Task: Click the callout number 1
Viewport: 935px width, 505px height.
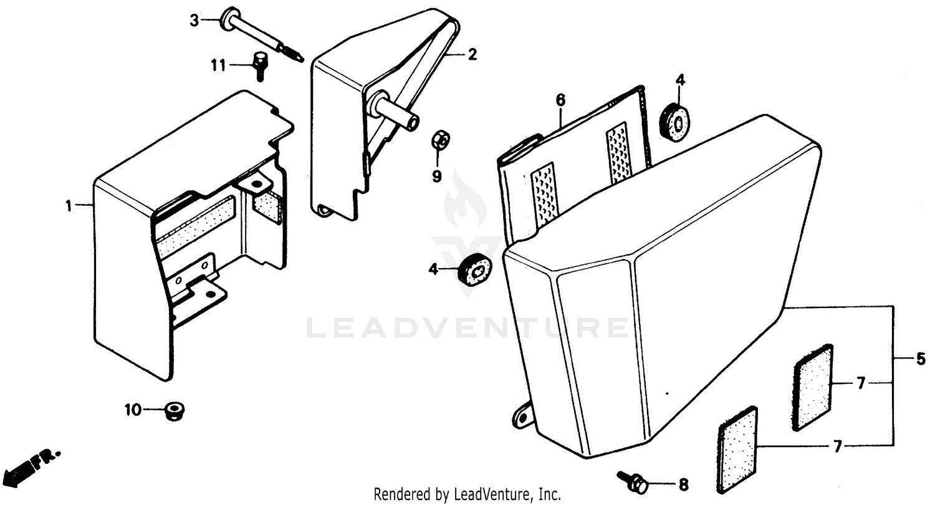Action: point(70,206)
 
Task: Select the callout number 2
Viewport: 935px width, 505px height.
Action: point(472,55)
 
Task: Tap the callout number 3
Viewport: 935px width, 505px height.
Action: point(195,21)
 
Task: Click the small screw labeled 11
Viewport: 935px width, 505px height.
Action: point(258,65)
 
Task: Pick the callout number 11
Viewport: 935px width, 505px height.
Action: point(218,64)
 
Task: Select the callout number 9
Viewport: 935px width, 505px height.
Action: point(437,176)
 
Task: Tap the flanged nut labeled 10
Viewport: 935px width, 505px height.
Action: point(174,411)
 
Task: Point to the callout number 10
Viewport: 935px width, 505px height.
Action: point(133,410)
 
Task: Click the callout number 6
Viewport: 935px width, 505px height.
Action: point(560,100)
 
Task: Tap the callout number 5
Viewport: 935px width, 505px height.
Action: point(921,359)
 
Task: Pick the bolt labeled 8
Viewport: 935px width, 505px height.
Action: point(633,481)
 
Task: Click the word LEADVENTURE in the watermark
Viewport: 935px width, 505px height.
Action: point(467,328)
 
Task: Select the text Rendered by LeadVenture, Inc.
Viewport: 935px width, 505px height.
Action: point(467,495)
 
